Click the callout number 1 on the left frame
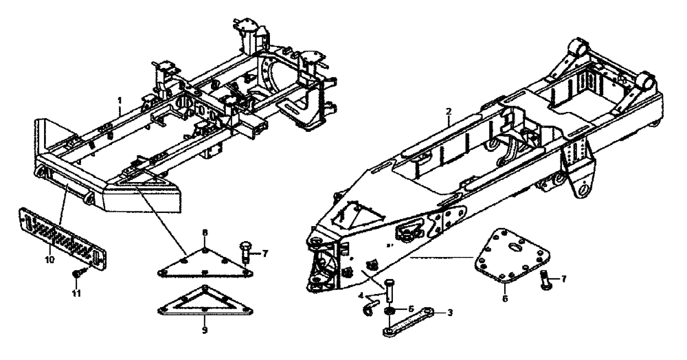(x=120, y=100)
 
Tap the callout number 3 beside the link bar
(x=449, y=313)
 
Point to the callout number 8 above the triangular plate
(x=205, y=233)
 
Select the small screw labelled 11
(x=76, y=275)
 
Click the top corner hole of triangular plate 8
(x=206, y=252)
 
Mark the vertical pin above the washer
(x=389, y=292)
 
